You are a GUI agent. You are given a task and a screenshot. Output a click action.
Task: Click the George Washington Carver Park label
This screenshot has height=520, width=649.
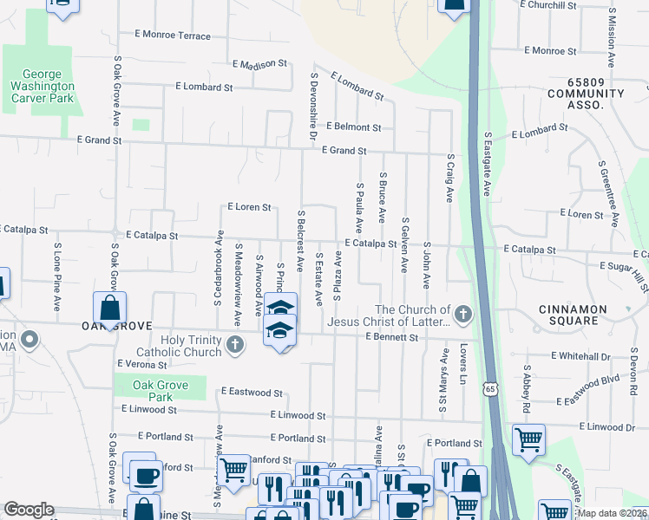42,87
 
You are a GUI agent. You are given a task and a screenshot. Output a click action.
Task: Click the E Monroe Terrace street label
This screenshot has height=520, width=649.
173,36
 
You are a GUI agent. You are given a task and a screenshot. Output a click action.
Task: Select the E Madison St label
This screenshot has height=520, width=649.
259,64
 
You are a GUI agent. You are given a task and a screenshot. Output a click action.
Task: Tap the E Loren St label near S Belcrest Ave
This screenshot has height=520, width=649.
249,207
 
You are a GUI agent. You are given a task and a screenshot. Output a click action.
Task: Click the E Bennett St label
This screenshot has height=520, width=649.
392,335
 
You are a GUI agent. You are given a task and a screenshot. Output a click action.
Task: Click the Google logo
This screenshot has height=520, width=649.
29,510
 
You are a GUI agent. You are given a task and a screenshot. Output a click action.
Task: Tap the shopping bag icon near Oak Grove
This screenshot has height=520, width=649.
110,309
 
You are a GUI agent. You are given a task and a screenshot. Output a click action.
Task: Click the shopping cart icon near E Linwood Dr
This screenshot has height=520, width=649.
528,440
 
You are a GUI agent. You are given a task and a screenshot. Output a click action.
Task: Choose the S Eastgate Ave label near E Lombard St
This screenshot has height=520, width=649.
488,164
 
